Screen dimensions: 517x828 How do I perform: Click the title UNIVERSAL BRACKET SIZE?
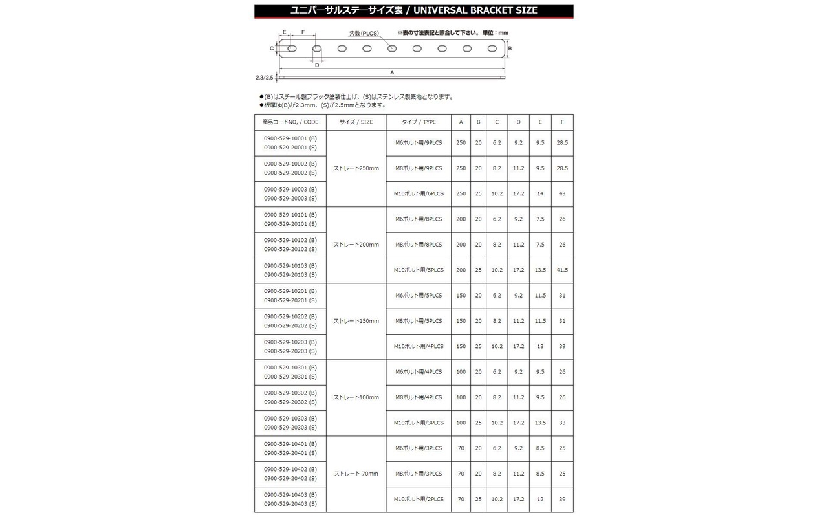[x=413, y=10]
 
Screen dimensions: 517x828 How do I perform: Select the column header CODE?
[x=290, y=122]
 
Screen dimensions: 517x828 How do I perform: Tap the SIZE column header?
[x=356, y=122]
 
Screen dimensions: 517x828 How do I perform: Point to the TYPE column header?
[x=419, y=122]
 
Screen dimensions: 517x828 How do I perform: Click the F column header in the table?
[x=562, y=122]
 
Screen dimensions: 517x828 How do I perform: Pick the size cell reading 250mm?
[x=356, y=168]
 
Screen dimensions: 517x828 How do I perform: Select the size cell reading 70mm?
[x=356, y=474]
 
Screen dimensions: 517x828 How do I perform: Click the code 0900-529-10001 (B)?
[x=290, y=138]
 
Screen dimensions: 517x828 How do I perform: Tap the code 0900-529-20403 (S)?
[x=290, y=504]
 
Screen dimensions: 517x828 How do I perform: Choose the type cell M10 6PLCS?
[x=419, y=193]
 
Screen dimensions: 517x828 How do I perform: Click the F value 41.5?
[x=562, y=270]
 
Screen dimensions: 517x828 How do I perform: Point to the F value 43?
[x=562, y=193]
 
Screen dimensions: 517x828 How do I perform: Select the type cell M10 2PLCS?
[x=419, y=500]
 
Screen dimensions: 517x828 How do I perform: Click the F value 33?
[x=562, y=423]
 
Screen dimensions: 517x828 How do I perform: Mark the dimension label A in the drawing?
[x=392, y=72]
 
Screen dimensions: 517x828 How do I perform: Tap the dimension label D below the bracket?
[x=317, y=65]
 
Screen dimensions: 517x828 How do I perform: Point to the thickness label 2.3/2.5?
[x=265, y=78]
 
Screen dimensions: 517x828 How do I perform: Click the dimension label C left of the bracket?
[x=272, y=49]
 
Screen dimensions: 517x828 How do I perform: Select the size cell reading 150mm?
[x=356, y=321]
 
